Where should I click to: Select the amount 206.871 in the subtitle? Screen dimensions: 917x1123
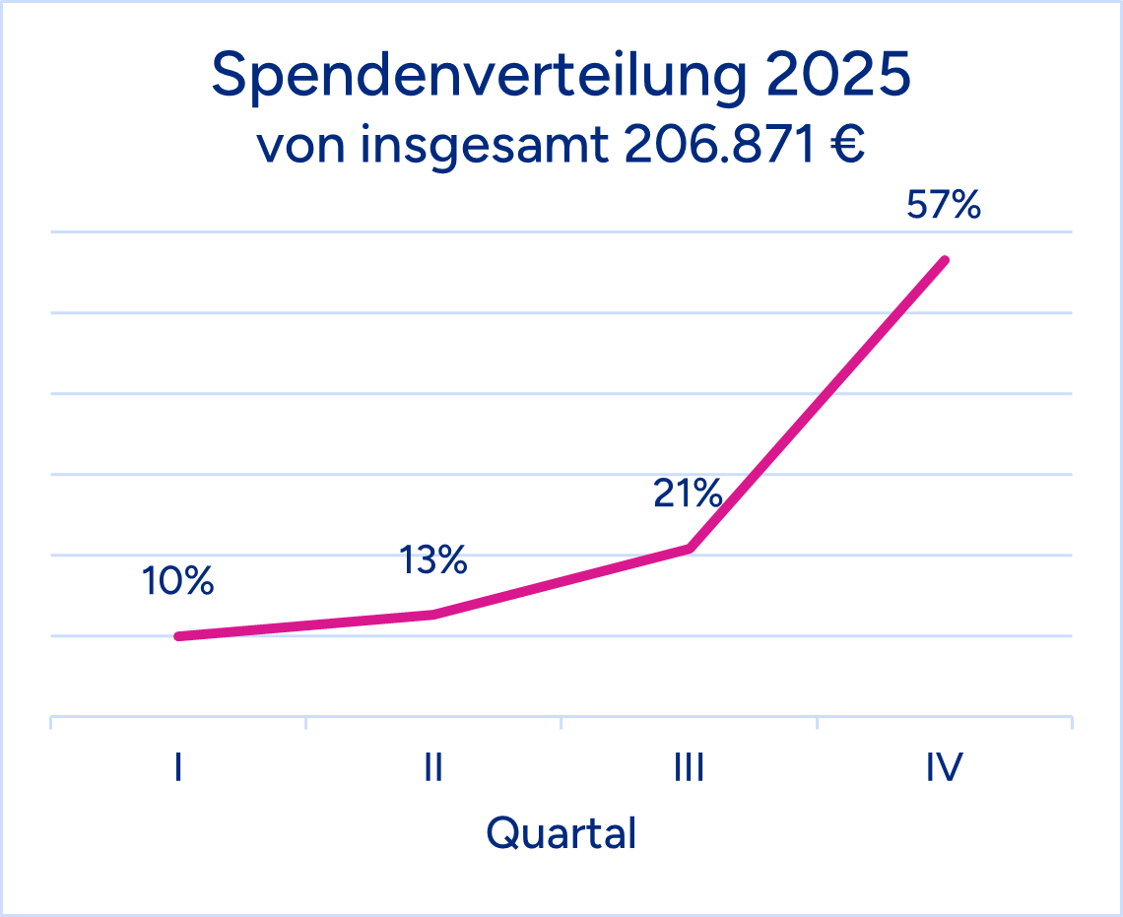coord(714,146)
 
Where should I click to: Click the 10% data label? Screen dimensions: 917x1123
coord(177,582)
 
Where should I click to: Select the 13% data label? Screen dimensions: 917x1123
coord(432,560)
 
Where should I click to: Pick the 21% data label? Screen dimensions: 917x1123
coord(688,493)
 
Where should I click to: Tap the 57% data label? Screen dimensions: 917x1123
coord(944,206)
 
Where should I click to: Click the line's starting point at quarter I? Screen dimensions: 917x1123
coord(178,636)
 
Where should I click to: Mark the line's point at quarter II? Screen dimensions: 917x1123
coord(433,614)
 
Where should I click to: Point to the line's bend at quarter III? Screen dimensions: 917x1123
coord(690,548)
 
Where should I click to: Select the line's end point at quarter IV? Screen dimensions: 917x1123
coord(945,260)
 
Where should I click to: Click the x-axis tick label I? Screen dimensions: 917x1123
coord(177,767)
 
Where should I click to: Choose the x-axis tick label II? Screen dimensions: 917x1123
coord(433,767)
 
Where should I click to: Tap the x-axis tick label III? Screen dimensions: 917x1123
coord(689,767)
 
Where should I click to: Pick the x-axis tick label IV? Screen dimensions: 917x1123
coord(944,767)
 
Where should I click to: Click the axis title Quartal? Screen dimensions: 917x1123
coord(561,833)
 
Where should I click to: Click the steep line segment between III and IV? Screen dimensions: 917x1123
coord(818,404)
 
